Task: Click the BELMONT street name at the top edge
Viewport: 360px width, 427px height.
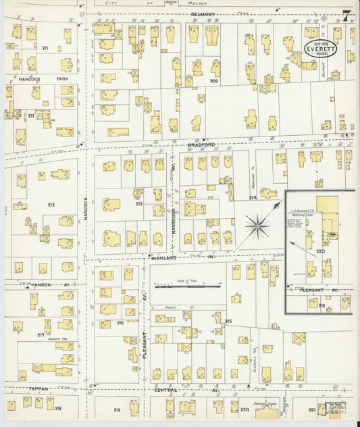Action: click(x=203, y=14)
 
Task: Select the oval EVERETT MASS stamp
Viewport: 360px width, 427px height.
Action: click(x=319, y=50)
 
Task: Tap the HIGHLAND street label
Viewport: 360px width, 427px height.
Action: click(x=163, y=258)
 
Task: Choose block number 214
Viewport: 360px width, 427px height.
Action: click(x=252, y=198)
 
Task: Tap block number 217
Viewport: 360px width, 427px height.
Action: click(x=41, y=335)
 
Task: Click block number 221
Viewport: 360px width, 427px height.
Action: click(x=311, y=410)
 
